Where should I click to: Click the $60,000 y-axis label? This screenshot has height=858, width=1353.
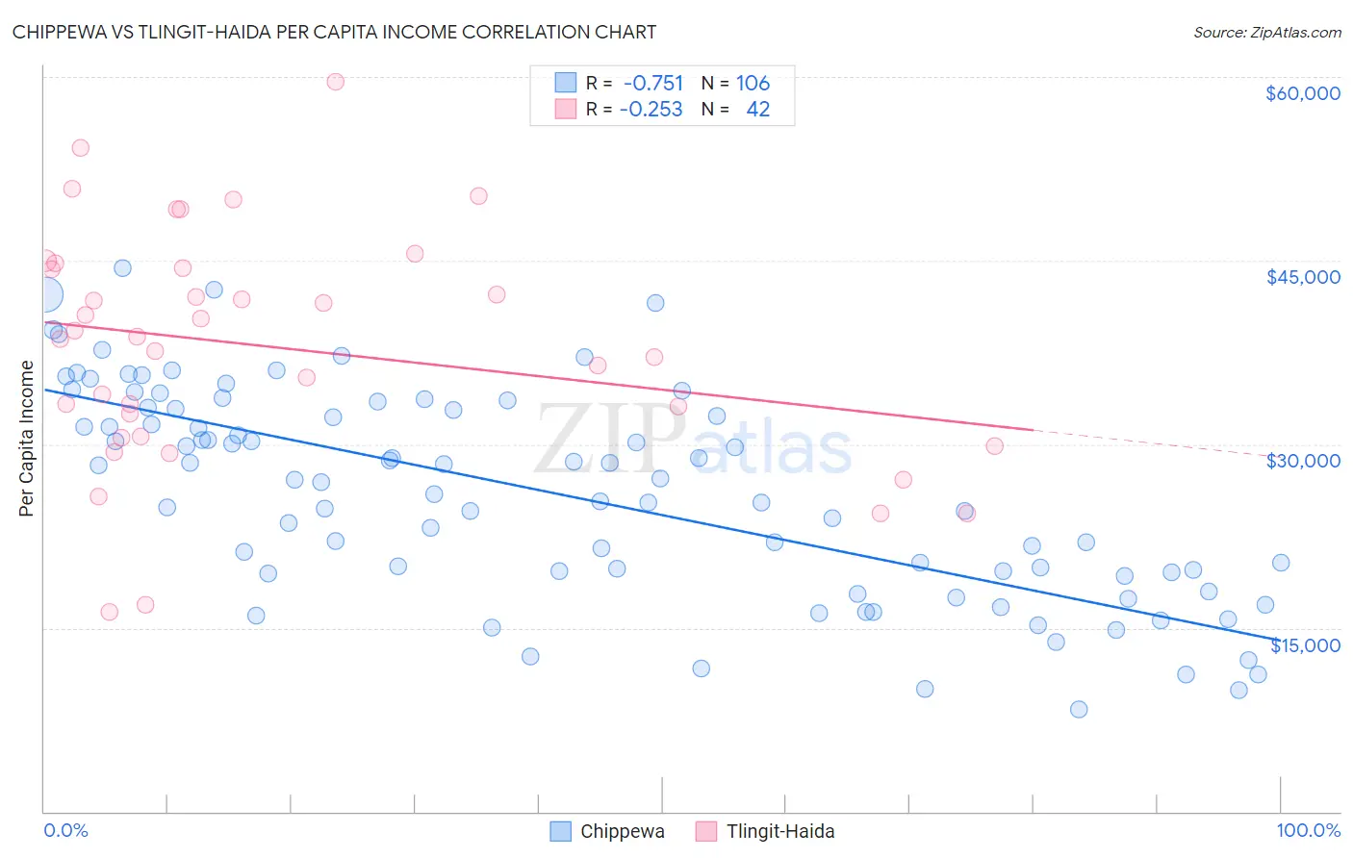(x=1302, y=93)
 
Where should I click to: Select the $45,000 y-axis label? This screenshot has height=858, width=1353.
(x=1302, y=277)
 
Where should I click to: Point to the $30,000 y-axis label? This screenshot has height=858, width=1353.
(x=1302, y=461)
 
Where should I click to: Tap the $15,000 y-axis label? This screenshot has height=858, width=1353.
(x=1305, y=645)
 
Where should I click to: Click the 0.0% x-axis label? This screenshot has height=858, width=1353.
(x=65, y=831)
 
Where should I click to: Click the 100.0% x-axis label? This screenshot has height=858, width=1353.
(x=1308, y=831)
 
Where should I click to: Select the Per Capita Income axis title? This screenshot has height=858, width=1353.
(x=27, y=438)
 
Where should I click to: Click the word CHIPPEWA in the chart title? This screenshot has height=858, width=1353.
(x=62, y=32)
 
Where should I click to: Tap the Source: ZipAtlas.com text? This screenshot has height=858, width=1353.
(x=1266, y=32)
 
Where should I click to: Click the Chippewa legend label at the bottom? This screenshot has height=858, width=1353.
(x=622, y=831)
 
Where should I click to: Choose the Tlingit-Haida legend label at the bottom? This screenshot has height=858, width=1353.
(x=780, y=831)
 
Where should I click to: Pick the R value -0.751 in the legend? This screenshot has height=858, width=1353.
(x=653, y=83)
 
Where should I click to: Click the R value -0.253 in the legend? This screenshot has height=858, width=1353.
(x=651, y=110)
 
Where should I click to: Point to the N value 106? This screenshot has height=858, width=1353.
(x=753, y=83)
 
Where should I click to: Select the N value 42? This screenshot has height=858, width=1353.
(x=758, y=110)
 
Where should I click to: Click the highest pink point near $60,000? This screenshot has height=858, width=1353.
(x=335, y=82)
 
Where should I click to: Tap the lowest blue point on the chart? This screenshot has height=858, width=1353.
(x=1079, y=709)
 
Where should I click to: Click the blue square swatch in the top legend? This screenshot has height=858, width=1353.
(x=566, y=83)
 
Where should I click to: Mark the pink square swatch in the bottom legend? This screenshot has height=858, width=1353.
(x=706, y=831)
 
